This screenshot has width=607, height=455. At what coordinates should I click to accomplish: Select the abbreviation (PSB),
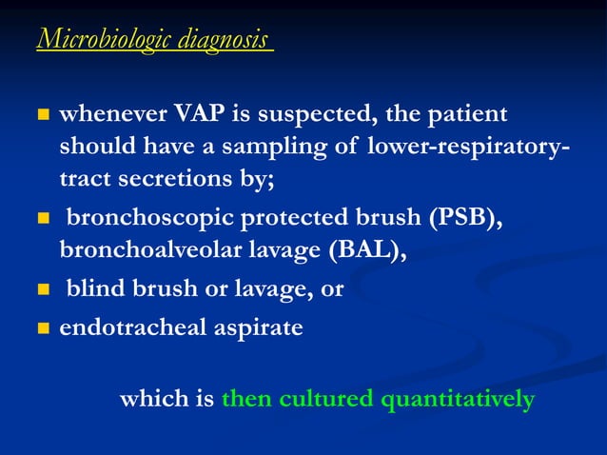click(x=465, y=220)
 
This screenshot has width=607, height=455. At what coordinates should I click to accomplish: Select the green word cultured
click(x=318, y=399)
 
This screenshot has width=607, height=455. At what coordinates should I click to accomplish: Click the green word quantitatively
click(x=457, y=399)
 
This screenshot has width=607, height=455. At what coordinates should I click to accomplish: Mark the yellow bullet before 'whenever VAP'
click(x=42, y=116)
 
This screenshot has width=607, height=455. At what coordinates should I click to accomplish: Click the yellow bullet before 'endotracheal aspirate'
click(x=42, y=329)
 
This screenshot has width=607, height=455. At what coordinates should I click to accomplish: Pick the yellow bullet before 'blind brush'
click(x=42, y=290)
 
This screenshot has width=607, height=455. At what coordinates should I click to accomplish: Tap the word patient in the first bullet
click(x=472, y=115)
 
